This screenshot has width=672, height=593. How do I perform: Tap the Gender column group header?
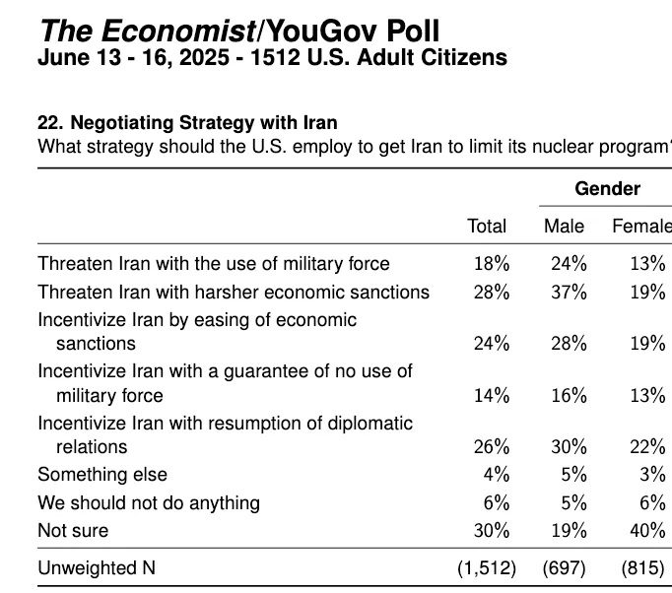(x=607, y=188)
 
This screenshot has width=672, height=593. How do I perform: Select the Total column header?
(x=487, y=227)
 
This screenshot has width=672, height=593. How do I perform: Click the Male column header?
(x=564, y=227)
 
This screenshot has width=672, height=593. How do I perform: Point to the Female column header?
(x=641, y=227)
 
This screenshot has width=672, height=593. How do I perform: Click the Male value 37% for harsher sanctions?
(x=569, y=292)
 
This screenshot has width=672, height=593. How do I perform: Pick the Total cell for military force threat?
(x=491, y=263)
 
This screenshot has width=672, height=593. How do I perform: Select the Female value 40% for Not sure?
(x=646, y=530)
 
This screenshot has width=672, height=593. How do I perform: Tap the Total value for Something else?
(x=496, y=475)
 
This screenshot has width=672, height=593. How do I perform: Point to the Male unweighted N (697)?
(x=565, y=568)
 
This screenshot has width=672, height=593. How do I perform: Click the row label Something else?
(x=102, y=475)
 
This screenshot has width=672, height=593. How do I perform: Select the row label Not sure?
(x=73, y=530)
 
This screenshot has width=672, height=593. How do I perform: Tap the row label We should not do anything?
(x=149, y=502)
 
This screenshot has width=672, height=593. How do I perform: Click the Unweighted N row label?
(x=97, y=568)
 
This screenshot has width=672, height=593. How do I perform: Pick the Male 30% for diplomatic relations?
(x=569, y=447)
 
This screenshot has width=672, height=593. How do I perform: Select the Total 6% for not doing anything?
(x=496, y=502)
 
